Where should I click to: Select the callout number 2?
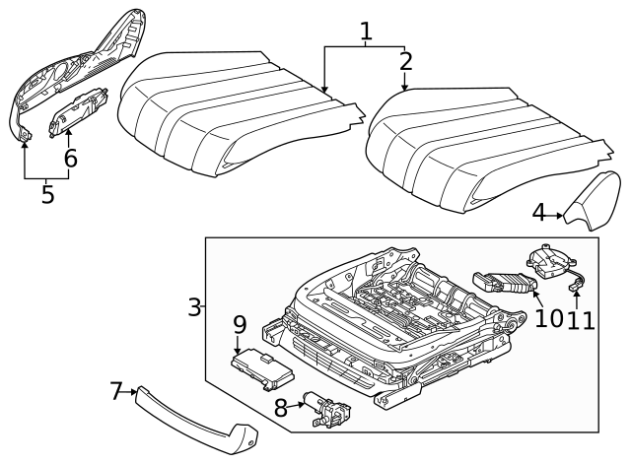405,62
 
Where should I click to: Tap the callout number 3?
194,306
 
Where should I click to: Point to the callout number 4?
538,212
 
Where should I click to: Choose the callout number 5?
46,193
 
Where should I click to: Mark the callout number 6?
69,158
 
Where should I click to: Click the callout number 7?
116,392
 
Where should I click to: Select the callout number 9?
239,324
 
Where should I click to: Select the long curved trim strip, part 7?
197,415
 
